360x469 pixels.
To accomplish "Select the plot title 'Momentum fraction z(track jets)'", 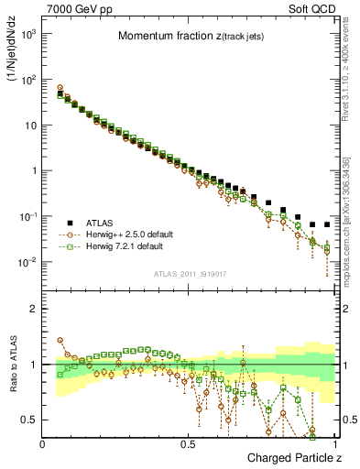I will pos(190,37).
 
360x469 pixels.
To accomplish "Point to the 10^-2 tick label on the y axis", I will pos(27,262).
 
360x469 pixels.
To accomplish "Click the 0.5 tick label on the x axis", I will pos(188,443).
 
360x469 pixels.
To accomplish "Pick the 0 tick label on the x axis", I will pos(43,443).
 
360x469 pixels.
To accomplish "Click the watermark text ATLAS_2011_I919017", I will pos(190,274).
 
